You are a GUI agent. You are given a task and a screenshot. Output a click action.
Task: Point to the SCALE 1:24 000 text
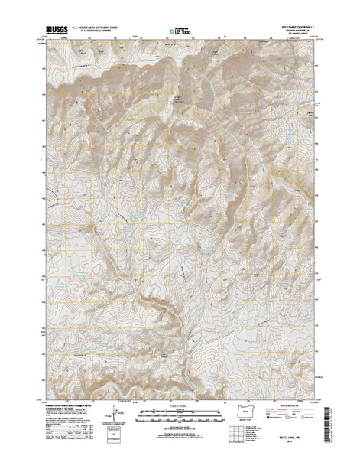[x=180, y=403]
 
